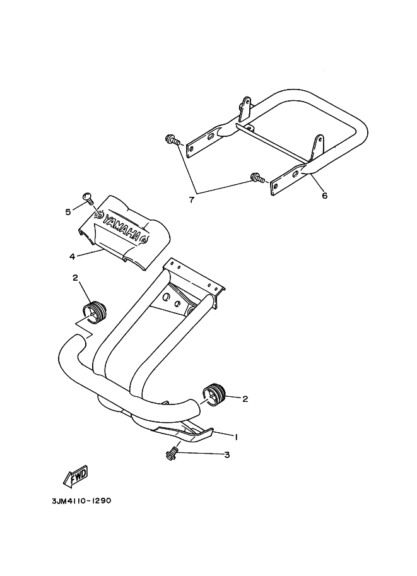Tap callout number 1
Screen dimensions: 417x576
pos(236,437)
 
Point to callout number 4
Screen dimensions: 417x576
pos(72,256)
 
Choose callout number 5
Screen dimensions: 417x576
pos(68,212)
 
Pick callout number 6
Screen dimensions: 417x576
pos(324,196)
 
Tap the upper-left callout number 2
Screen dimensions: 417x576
pos(75,278)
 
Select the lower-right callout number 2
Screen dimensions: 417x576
pos(245,399)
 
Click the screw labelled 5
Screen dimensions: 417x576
pos(88,199)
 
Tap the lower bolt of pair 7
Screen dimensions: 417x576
pos(256,177)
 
